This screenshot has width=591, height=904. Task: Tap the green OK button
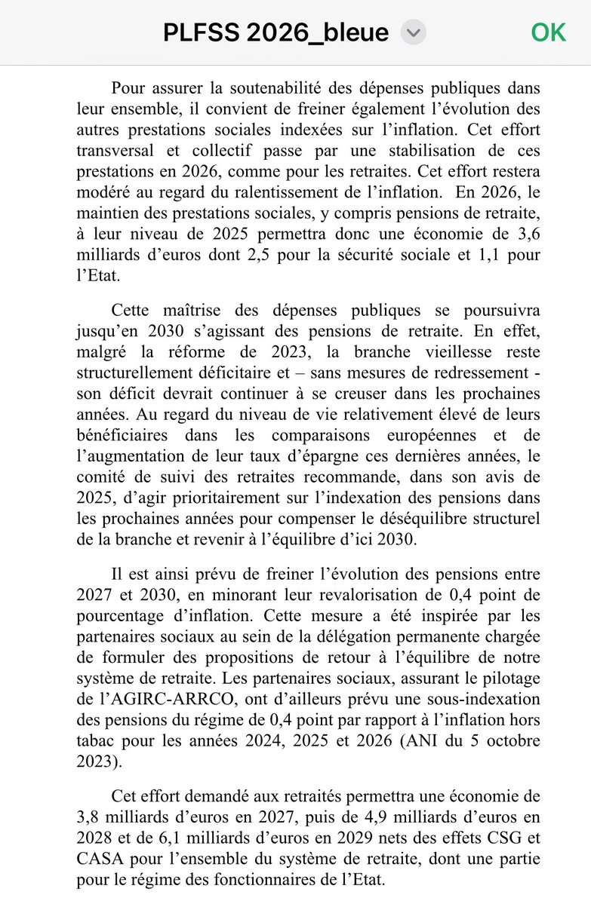tap(548, 32)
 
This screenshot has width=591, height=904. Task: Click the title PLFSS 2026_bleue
tap(276, 32)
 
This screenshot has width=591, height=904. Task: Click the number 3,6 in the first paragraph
tap(527, 234)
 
